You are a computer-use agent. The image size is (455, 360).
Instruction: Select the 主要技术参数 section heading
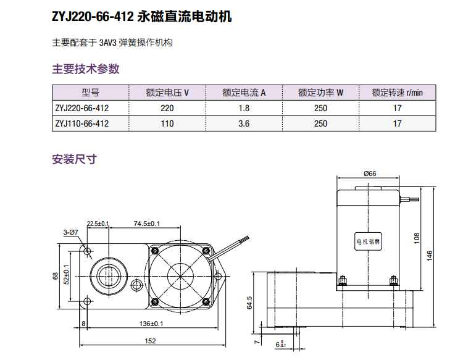(x=85, y=69)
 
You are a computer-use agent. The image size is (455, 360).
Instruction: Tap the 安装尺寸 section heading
(x=74, y=159)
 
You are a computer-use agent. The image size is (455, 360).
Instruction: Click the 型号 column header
(x=90, y=93)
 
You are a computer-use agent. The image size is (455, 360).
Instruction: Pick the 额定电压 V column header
(x=167, y=93)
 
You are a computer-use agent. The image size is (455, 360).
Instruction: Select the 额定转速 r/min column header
(x=397, y=93)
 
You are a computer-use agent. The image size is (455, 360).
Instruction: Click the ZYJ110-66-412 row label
(x=81, y=123)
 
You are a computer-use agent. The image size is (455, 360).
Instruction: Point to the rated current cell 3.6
(x=244, y=123)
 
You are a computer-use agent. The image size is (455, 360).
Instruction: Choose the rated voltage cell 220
(x=167, y=108)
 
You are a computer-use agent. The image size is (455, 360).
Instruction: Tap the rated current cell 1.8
(x=244, y=108)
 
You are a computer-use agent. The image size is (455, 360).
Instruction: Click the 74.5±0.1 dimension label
(x=146, y=224)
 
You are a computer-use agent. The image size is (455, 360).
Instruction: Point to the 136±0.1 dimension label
(x=151, y=323)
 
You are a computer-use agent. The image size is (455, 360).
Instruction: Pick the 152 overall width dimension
(x=149, y=341)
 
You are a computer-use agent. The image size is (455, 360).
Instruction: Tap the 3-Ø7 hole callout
(x=70, y=232)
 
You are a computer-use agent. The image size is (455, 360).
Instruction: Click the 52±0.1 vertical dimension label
(x=66, y=274)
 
